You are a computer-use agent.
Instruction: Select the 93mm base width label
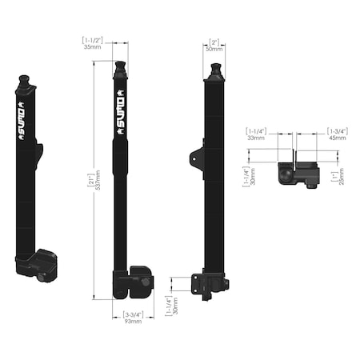(x=132, y=321)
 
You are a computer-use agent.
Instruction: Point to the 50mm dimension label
(x=214, y=48)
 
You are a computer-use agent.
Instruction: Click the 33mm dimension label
(x=255, y=138)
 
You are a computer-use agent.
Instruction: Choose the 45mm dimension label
(x=338, y=138)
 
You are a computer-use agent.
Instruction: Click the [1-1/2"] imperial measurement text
(x=92, y=39)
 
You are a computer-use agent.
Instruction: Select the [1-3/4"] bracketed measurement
(x=337, y=130)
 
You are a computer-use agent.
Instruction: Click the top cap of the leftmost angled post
(x=24, y=81)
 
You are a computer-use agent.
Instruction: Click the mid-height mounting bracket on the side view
(x=197, y=157)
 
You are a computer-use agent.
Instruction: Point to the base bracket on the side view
(x=212, y=284)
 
